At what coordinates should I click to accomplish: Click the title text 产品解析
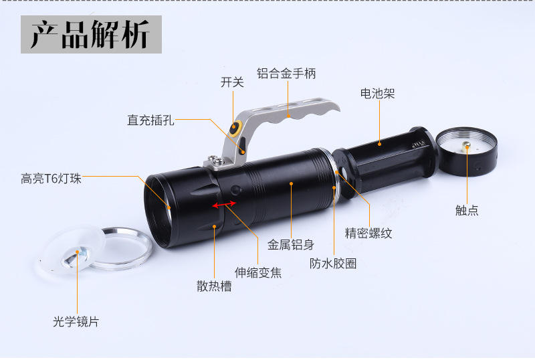90,35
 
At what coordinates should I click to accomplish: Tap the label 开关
232,82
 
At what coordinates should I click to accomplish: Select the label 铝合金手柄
286,74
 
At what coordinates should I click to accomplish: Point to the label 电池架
377,94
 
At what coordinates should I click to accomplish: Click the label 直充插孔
150,120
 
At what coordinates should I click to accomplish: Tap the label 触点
467,210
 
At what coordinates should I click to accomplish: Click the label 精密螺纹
368,233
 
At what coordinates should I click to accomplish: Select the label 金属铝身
291,245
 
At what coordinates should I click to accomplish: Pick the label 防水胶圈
332,263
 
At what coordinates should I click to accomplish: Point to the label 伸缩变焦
257,272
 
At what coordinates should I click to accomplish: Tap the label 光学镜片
76,321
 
